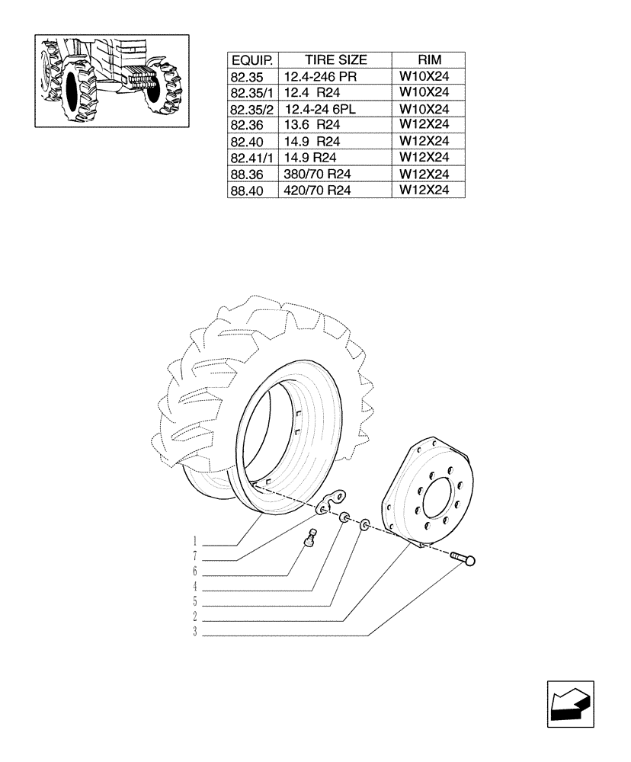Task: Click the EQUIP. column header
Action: click(253, 60)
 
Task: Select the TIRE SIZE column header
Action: click(335, 60)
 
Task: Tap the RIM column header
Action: click(429, 60)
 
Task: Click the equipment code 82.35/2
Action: click(253, 109)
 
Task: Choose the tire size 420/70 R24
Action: click(317, 191)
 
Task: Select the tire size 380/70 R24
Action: click(317, 174)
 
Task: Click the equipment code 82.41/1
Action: click(253, 158)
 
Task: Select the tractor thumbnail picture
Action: click(111, 80)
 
